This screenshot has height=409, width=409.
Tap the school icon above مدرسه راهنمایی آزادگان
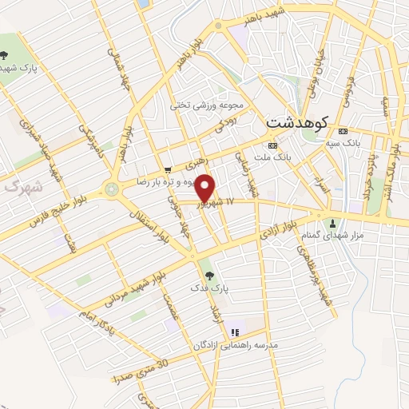[234, 332]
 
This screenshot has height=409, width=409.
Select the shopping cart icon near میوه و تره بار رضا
[167, 169]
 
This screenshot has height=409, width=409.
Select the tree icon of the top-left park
[6, 55]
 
